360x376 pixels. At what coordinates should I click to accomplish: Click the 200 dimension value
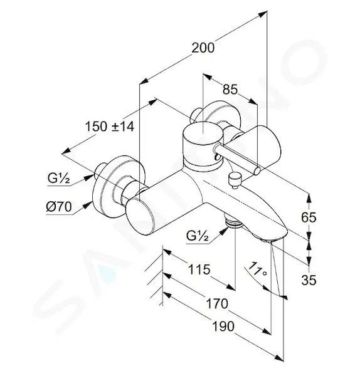point(203,48)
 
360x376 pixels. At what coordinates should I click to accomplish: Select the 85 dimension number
point(230,90)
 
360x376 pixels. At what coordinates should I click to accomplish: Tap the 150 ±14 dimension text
point(110,127)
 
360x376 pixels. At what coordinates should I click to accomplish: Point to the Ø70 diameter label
point(59,206)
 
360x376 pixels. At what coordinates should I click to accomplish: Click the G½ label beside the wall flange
point(58,178)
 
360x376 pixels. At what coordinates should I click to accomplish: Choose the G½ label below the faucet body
point(198,236)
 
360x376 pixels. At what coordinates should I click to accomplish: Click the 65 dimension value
point(309,217)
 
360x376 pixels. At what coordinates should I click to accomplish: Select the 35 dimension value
point(309,279)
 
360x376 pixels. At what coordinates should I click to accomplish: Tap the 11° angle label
point(257,269)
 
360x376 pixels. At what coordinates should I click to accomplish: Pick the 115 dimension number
point(199,269)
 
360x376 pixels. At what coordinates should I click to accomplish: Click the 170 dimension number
point(217,303)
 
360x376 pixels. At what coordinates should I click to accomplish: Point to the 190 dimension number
point(223,326)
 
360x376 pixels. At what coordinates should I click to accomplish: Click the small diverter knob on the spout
point(234,180)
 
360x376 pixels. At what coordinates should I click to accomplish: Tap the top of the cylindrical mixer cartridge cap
point(203,133)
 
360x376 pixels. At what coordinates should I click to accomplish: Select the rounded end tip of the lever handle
point(257,170)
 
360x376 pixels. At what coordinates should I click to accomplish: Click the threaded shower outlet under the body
point(234,221)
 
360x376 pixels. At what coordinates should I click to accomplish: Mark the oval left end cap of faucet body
point(140,218)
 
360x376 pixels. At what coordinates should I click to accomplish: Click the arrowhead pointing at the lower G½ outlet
point(224,231)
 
